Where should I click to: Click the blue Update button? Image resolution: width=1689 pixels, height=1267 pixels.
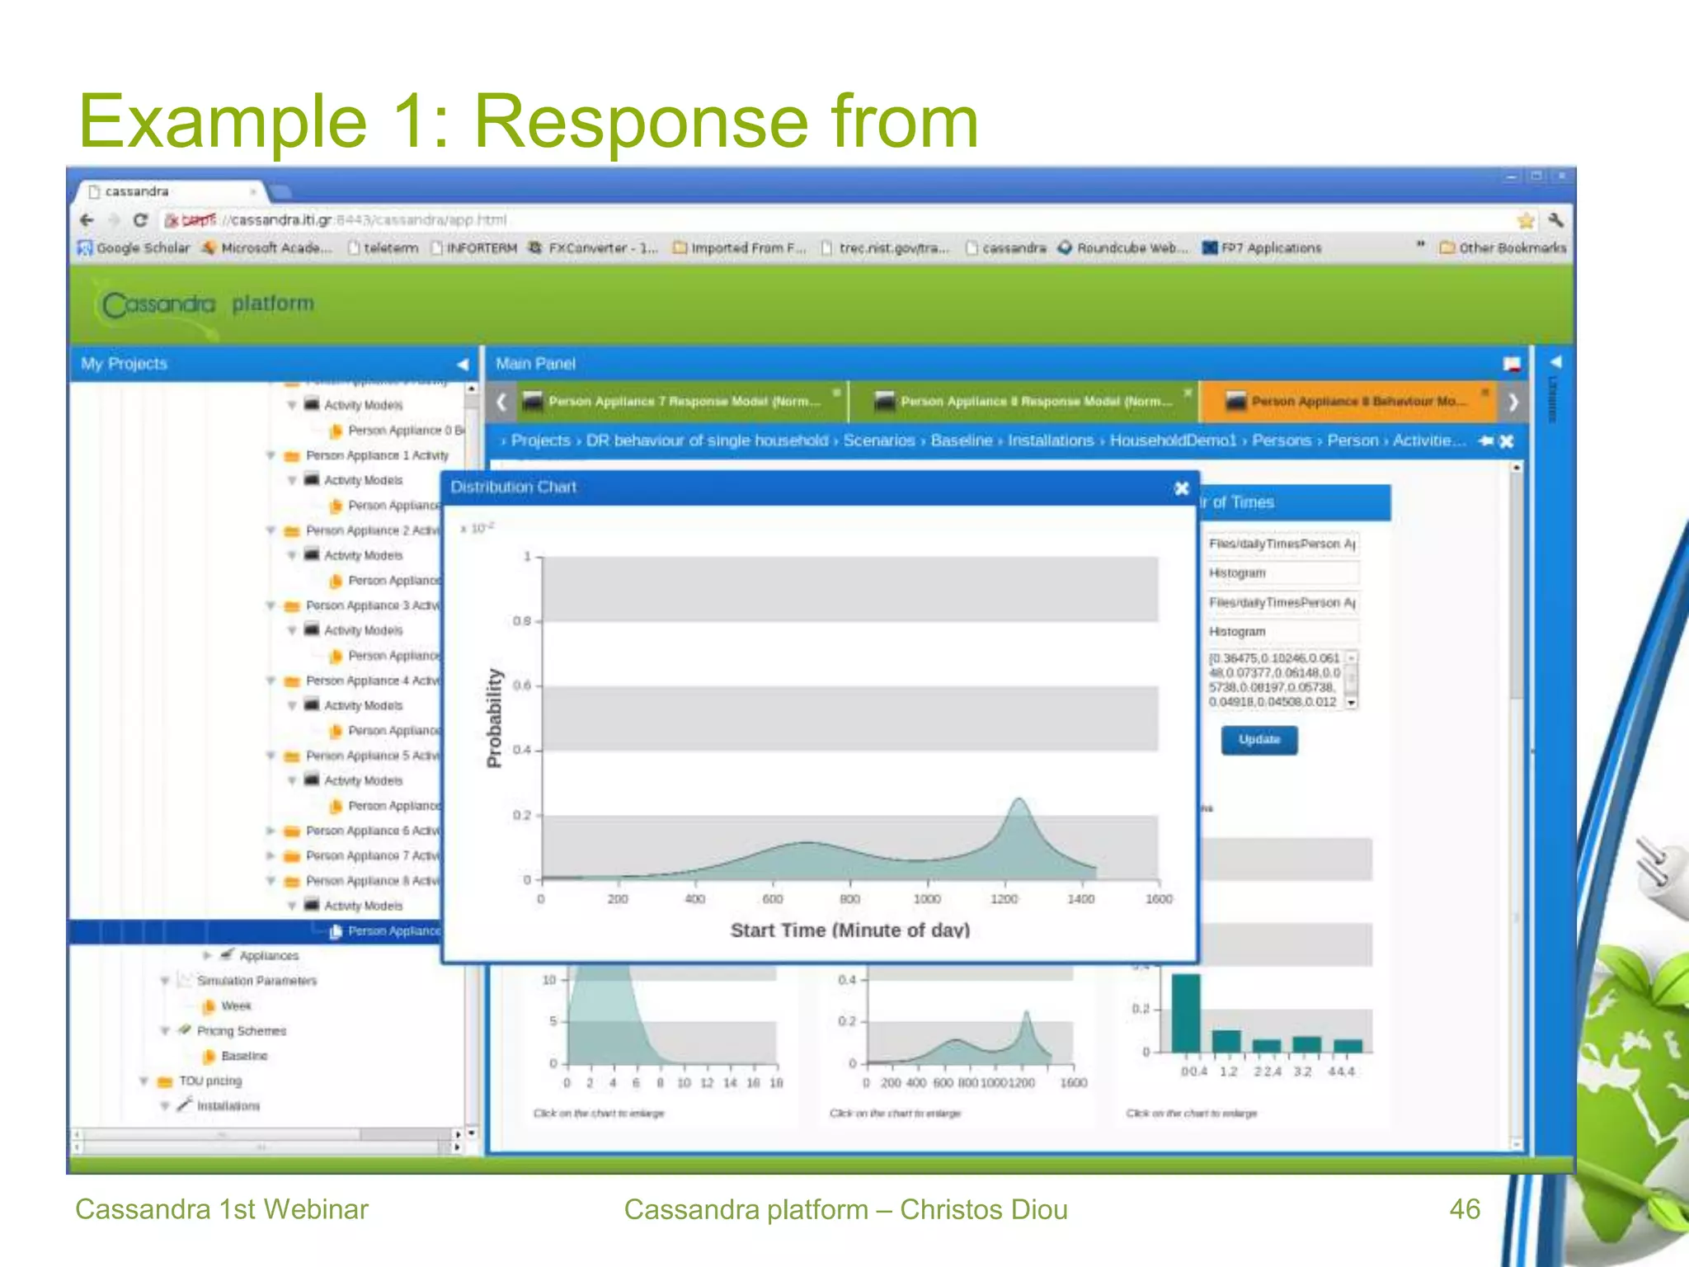(x=1259, y=740)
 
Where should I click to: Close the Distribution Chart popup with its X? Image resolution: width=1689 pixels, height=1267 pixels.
(x=1181, y=488)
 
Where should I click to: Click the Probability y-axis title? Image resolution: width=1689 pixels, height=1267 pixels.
(x=494, y=718)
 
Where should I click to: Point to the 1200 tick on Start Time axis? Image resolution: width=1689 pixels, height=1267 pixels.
(x=1004, y=898)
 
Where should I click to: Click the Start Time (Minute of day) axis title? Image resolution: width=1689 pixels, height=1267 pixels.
(x=849, y=930)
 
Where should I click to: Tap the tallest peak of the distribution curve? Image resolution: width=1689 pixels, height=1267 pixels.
(x=1019, y=800)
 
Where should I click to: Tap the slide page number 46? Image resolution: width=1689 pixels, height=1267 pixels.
(x=1465, y=1209)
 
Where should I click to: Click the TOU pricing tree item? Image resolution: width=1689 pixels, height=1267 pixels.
(x=210, y=1081)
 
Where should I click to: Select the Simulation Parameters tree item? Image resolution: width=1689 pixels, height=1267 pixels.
(x=256, y=981)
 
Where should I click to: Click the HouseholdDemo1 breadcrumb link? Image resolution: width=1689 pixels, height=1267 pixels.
(x=1172, y=440)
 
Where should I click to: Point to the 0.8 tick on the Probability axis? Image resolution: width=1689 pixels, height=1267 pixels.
(x=522, y=621)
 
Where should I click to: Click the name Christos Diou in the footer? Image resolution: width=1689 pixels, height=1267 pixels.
(x=983, y=1209)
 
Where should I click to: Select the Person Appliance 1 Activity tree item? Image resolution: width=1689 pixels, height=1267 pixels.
(x=377, y=455)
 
